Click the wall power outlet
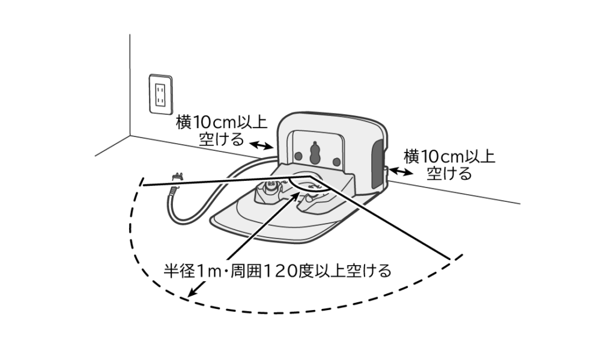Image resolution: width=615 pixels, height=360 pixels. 160,94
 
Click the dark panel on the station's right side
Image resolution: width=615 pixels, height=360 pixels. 377,157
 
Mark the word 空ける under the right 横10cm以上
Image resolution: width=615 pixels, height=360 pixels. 449,174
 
